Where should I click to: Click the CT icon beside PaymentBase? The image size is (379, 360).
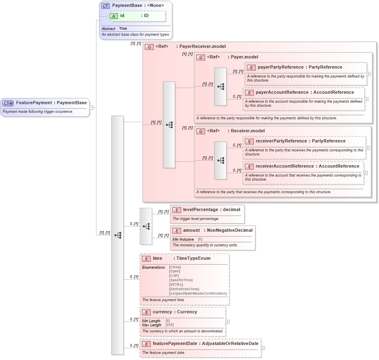[105, 6]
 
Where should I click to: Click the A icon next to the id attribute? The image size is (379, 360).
[114, 16]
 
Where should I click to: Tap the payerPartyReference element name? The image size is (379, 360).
[281, 67]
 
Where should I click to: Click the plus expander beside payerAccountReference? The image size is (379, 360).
[366, 99]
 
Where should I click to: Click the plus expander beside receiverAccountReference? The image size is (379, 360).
[366, 172]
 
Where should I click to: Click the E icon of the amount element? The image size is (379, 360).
[176, 231]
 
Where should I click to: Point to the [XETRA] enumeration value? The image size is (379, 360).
[176, 285]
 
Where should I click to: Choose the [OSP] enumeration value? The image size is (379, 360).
[174, 276]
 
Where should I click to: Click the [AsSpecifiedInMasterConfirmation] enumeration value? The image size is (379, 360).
[198, 293]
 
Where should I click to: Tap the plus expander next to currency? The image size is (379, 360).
[227, 322]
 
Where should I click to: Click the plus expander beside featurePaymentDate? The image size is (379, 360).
[263, 348]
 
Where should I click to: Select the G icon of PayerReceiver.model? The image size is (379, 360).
[149, 47]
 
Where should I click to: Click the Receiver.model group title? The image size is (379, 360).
[247, 131]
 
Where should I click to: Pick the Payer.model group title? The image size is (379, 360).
[244, 57]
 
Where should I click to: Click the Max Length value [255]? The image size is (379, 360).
[170, 325]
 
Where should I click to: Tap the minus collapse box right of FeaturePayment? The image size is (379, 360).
[92, 108]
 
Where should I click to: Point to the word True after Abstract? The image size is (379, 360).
[123, 29]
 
